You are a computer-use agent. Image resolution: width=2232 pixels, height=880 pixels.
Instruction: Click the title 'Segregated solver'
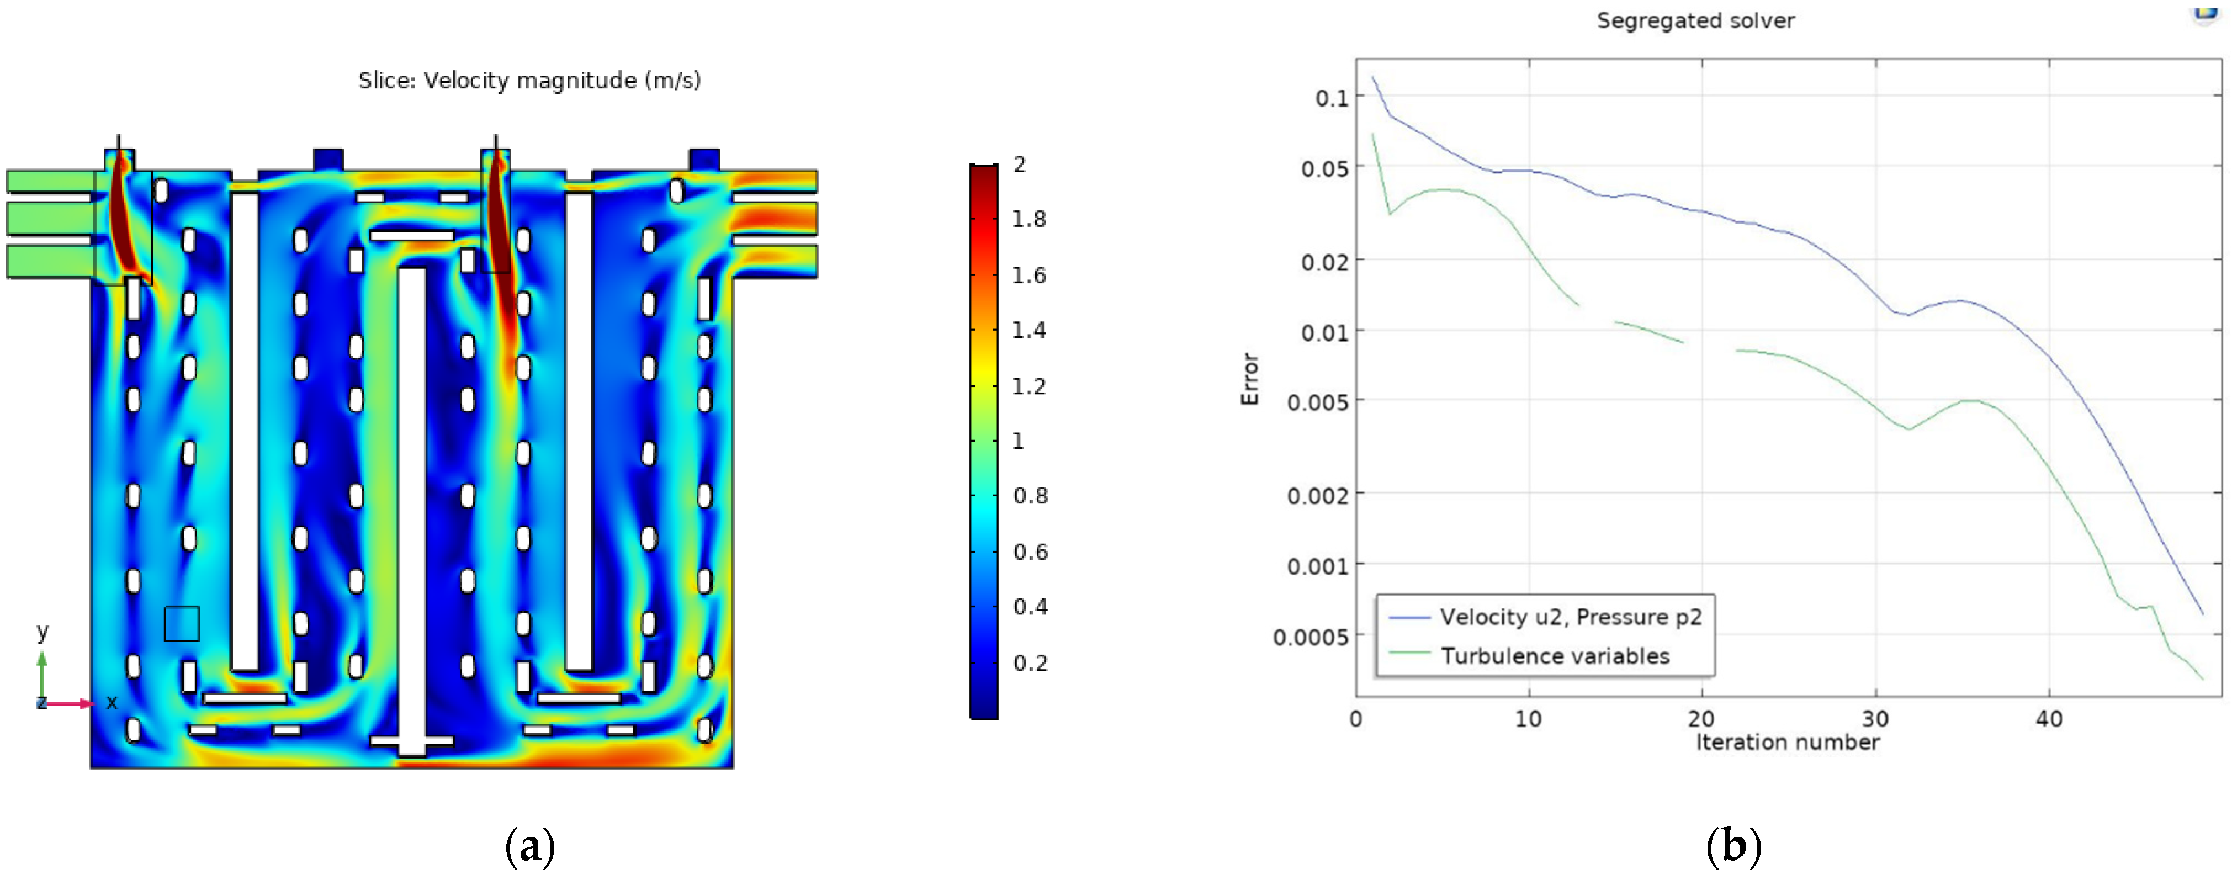pos(1695,21)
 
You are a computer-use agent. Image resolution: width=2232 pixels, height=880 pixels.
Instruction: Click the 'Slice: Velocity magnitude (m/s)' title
pos(529,81)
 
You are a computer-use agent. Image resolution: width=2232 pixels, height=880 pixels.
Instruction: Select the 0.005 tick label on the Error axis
pos(1318,402)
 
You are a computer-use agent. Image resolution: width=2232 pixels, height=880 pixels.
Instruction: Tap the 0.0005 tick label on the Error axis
pos(1310,638)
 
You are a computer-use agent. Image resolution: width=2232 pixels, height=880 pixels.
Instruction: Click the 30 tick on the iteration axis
pos(1875,719)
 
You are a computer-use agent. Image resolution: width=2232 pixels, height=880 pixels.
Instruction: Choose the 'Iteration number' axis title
pos(1786,743)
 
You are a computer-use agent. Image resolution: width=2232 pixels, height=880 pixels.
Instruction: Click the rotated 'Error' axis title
pos(1249,379)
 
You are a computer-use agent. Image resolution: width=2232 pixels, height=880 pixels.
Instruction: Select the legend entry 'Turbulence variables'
pos(1555,656)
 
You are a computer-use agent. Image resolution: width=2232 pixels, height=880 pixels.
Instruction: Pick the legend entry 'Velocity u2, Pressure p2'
pos(1570,617)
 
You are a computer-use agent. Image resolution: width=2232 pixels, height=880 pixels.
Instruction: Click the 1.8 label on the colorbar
pos(1028,219)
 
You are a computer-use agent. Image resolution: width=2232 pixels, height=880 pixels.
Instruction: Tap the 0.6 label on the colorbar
pos(1030,552)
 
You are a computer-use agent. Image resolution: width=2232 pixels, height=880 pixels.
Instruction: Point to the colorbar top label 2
pos(1020,165)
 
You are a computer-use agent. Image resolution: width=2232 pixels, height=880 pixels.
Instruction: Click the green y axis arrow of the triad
pos(41,671)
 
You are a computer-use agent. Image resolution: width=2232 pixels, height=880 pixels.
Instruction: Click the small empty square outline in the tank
pos(182,624)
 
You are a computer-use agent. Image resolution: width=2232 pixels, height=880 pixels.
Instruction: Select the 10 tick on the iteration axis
pos(1529,719)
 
